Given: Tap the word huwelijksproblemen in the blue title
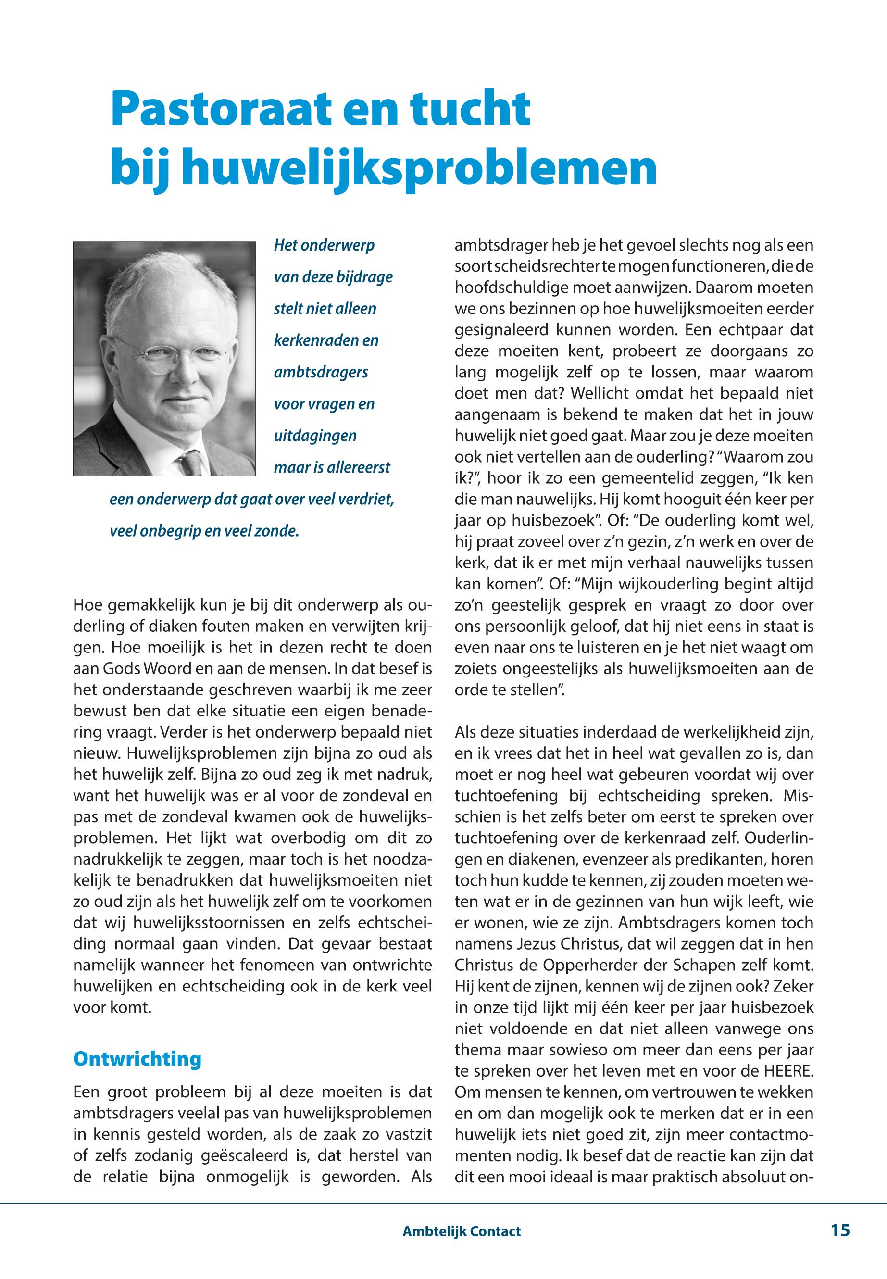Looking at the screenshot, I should pyautogui.click(x=419, y=167).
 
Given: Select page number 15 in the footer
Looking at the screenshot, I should pyautogui.click(x=840, y=1230).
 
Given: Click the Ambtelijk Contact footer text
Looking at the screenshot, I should pyautogui.click(x=461, y=1231).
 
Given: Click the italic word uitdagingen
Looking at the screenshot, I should pyautogui.click(x=315, y=435).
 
